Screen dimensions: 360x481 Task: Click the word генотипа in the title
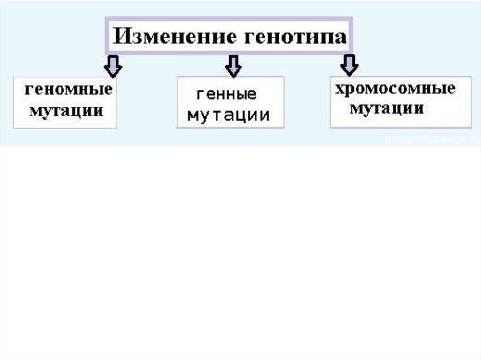click(x=295, y=37)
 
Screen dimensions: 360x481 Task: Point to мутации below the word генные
click(x=229, y=115)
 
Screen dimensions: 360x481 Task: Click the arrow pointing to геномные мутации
click(x=113, y=65)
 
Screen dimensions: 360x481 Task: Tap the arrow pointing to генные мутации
click(x=233, y=66)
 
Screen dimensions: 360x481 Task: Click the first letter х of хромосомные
click(x=339, y=89)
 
